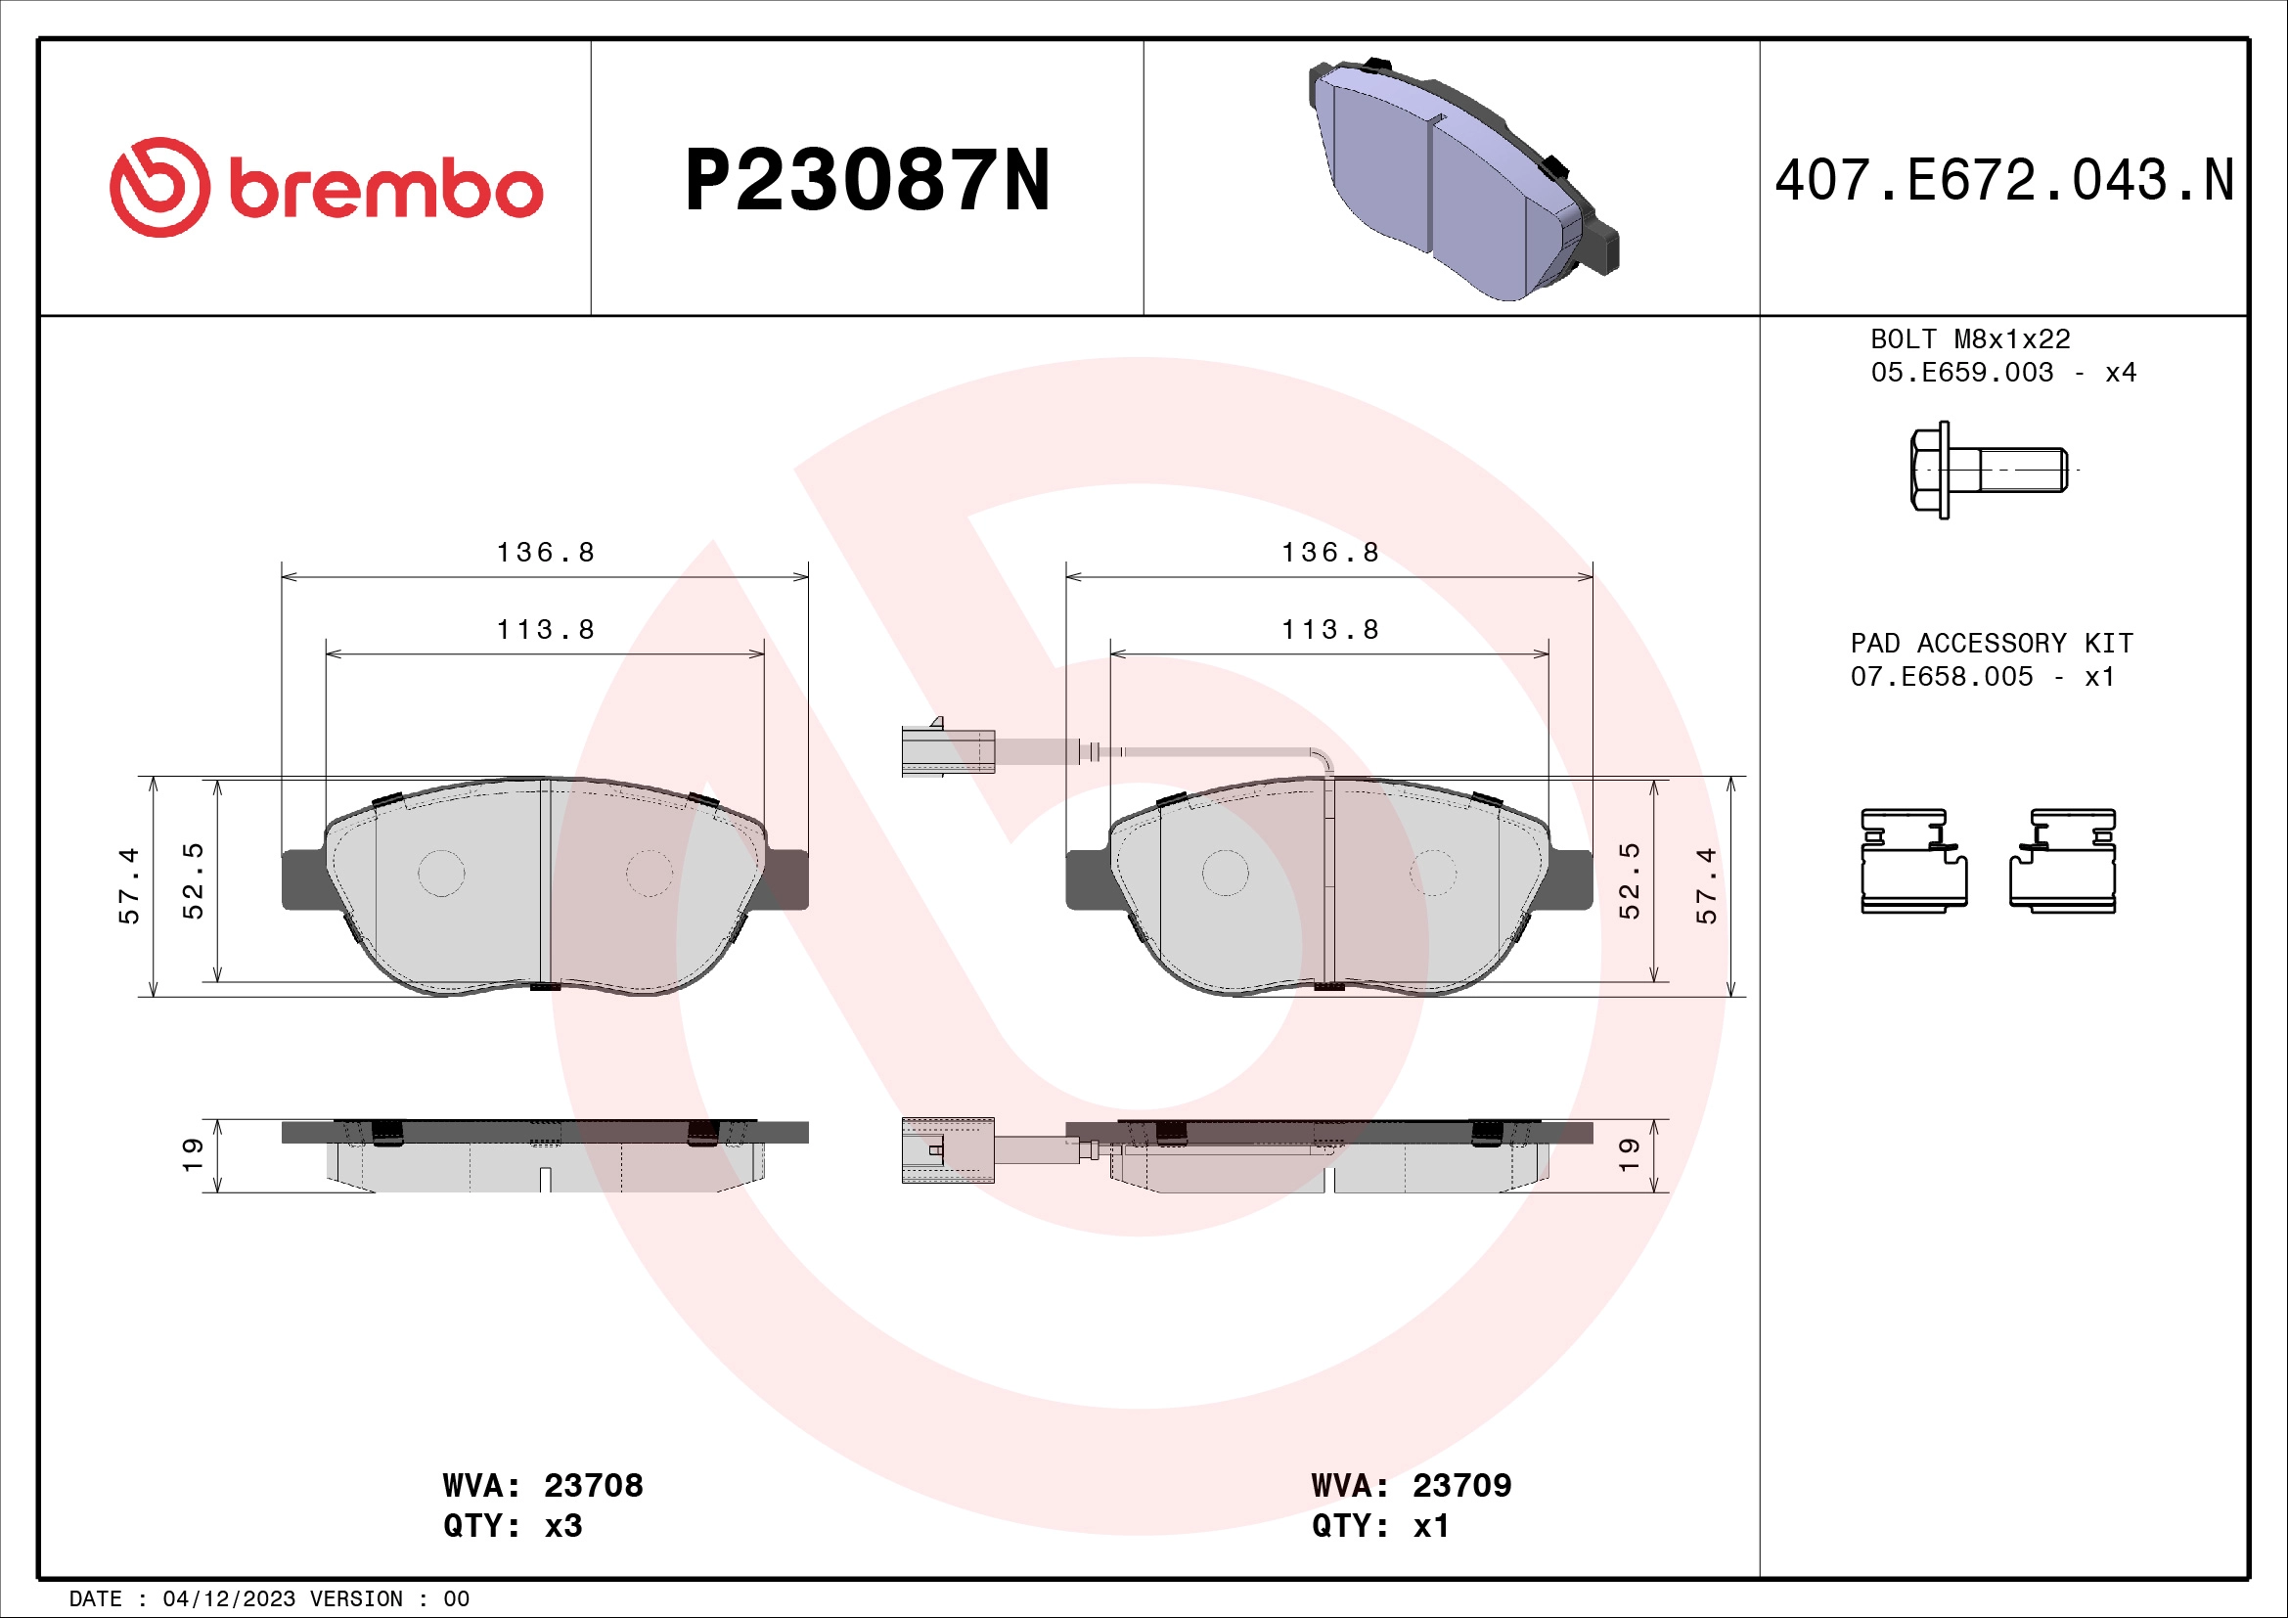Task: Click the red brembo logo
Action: (326, 187)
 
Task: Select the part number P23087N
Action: (867, 181)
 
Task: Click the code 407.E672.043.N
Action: (2004, 181)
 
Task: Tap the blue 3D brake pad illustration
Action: (1461, 179)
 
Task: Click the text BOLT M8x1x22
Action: (1969, 339)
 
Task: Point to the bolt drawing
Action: (1987, 470)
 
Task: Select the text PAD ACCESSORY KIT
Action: (1991, 644)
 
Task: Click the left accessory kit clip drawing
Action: (1913, 861)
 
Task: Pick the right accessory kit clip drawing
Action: (2063, 861)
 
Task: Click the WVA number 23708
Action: (593, 1486)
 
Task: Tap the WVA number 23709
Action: (1460, 1486)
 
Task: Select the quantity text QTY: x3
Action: (513, 1526)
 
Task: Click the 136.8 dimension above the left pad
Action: (545, 552)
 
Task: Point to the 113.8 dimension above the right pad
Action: (1329, 630)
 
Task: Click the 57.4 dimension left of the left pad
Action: (129, 885)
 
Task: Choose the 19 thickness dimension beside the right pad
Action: (1629, 1154)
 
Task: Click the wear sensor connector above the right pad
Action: (948, 750)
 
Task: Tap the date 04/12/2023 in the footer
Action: (228, 1599)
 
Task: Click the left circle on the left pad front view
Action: (440, 874)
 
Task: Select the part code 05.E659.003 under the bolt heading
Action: (1961, 373)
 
